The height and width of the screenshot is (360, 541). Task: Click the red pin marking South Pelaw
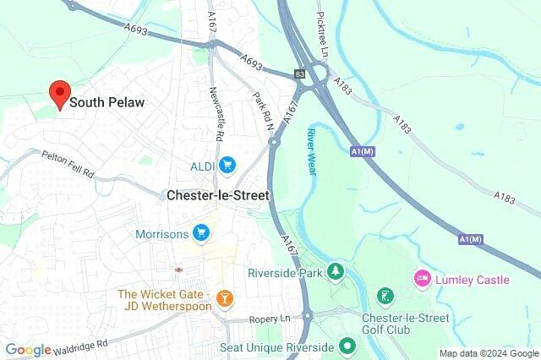click(x=59, y=94)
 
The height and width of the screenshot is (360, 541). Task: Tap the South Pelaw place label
click(x=107, y=102)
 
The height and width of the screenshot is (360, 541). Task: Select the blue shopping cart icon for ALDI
click(x=226, y=164)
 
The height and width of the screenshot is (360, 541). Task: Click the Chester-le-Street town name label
click(x=217, y=195)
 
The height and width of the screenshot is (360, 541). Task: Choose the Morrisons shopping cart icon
click(x=200, y=232)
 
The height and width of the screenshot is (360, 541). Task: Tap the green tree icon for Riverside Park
click(x=336, y=272)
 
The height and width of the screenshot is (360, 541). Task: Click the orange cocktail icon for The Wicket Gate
click(x=224, y=297)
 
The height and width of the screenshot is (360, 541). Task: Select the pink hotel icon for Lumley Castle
click(x=420, y=278)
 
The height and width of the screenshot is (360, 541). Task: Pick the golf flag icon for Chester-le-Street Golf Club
click(x=385, y=297)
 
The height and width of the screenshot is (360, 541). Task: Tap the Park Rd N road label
click(x=265, y=113)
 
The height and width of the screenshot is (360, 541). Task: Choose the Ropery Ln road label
click(x=270, y=319)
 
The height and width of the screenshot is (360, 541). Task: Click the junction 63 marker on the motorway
click(x=299, y=73)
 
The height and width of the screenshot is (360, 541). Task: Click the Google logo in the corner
click(x=28, y=350)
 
